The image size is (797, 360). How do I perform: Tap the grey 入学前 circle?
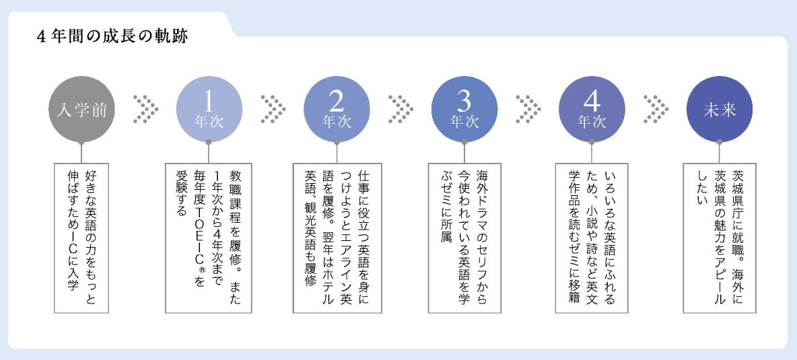point(80,109)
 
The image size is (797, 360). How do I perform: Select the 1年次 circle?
point(208,109)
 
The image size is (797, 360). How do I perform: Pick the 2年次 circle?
point(337,109)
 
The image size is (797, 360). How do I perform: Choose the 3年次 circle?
point(464,109)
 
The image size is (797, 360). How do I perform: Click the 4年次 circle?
point(592,109)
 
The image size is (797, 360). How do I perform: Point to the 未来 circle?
point(719,109)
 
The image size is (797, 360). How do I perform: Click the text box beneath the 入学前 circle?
point(81,238)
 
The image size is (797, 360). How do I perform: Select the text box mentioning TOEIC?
point(208,238)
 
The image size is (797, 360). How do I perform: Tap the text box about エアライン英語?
point(337,238)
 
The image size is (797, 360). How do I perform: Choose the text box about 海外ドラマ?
point(464,238)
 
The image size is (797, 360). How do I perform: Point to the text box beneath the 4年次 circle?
point(592,238)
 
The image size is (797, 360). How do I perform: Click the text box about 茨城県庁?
point(719,238)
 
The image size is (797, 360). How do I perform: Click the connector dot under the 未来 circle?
point(719,142)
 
